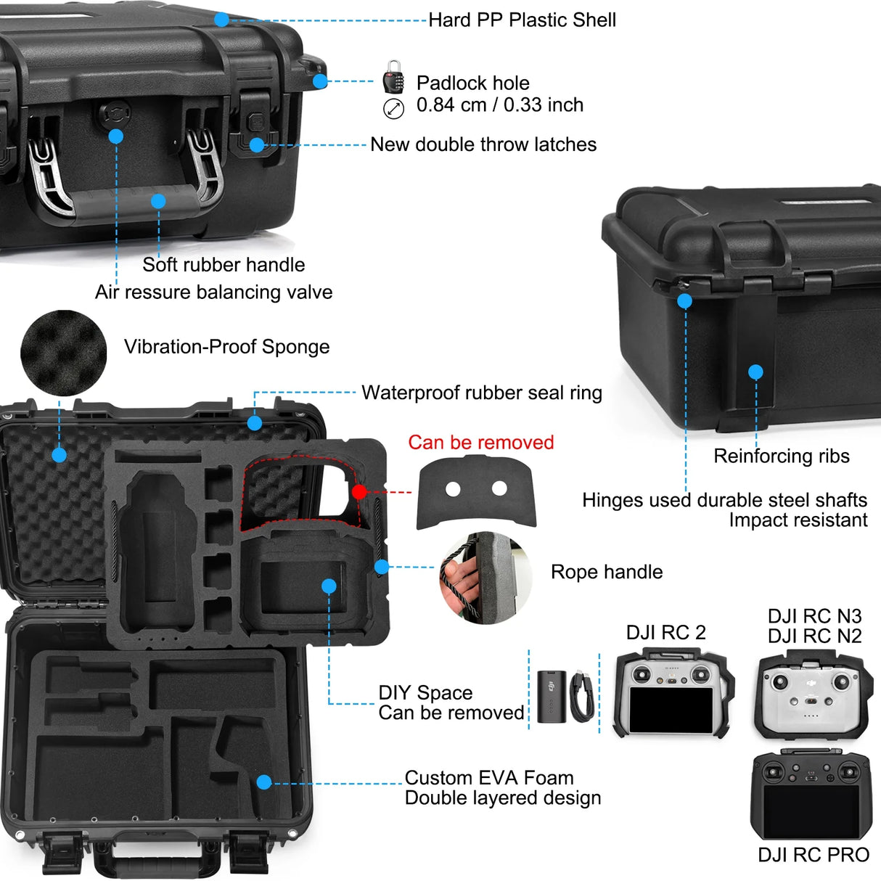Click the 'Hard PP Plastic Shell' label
pyautogui.click(x=522, y=20)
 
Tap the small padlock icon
pyautogui.click(x=393, y=78)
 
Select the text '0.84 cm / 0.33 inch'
pyautogui.click(x=499, y=105)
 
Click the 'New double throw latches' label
pyautogui.click(x=483, y=144)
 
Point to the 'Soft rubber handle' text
pyautogui.click(x=224, y=265)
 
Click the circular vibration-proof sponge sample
pyautogui.click(x=63, y=353)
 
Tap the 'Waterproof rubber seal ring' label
pyautogui.click(x=482, y=393)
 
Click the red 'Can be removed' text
pyautogui.click(x=480, y=443)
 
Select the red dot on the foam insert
pyautogui.click(x=359, y=492)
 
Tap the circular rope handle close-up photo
pyautogui.click(x=485, y=578)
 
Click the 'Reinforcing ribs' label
pyautogui.click(x=782, y=456)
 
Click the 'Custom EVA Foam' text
pyautogui.click(x=489, y=778)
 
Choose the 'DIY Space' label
pyautogui.click(x=425, y=693)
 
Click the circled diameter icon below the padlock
pyautogui.click(x=393, y=110)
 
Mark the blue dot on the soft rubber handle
pyautogui.click(x=158, y=201)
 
